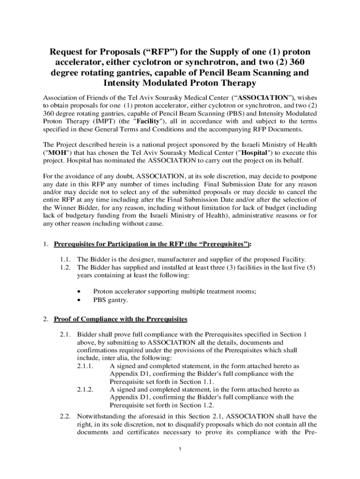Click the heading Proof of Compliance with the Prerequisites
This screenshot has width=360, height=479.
point(121,319)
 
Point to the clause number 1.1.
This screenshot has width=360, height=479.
point(65,259)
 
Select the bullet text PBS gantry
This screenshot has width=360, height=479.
point(111,299)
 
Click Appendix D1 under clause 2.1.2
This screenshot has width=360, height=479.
point(128,397)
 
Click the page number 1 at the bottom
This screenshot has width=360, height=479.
point(180,450)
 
